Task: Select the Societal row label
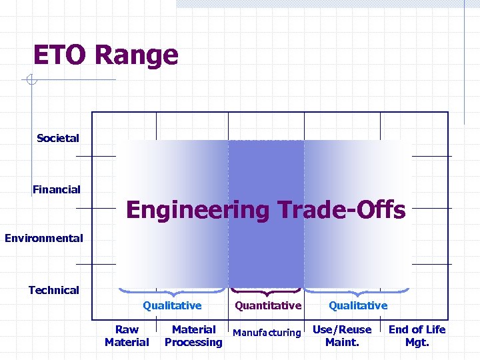[x=58, y=138]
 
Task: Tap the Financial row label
[x=57, y=189]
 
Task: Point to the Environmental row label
[x=44, y=238]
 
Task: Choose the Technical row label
[x=53, y=290]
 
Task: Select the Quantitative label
[x=268, y=305]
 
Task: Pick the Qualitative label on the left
[x=172, y=305]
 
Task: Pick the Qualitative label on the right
[x=358, y=305]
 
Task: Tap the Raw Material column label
[x=127, y=336]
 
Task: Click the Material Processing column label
[x=193, y=336]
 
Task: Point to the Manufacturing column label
[x=267, y=333]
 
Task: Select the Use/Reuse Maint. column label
[x=342, y=336]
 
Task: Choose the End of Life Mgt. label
[x=417, y=336]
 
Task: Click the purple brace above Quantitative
[x=266, y=293]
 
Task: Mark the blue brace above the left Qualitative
[x=173, y=293]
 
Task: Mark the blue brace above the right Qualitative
[x=358, y=293]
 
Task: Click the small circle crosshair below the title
[x=31, y=81]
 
